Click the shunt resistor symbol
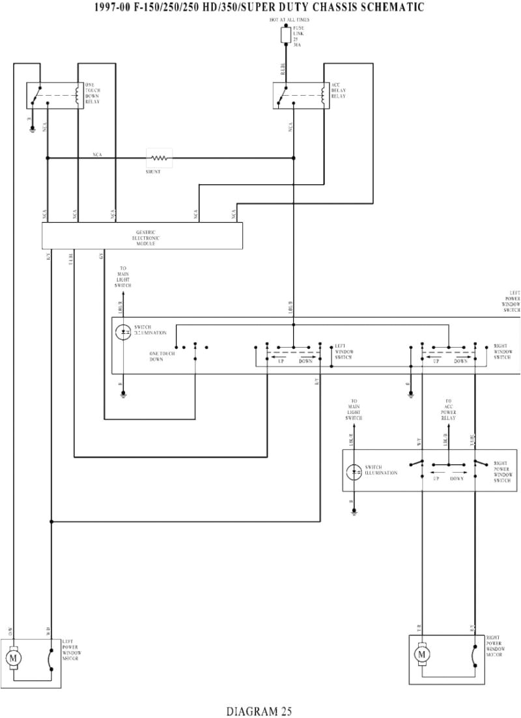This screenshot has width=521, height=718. pyautogui.click(x=160, y=157)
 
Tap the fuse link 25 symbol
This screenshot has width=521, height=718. pyautogui.click(x=285, y=36)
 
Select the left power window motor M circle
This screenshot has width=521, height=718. pyautogui.click(x=14, y=658)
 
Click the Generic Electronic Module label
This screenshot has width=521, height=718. pyautogui.click(x=146, y=237)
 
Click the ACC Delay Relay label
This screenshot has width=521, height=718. pyautogui.click(x=339, y=91)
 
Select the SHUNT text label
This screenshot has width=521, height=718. pyautogui.click(x=154, y=171)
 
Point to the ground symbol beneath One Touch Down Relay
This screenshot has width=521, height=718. pyautogui.click(x=32, y=130)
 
